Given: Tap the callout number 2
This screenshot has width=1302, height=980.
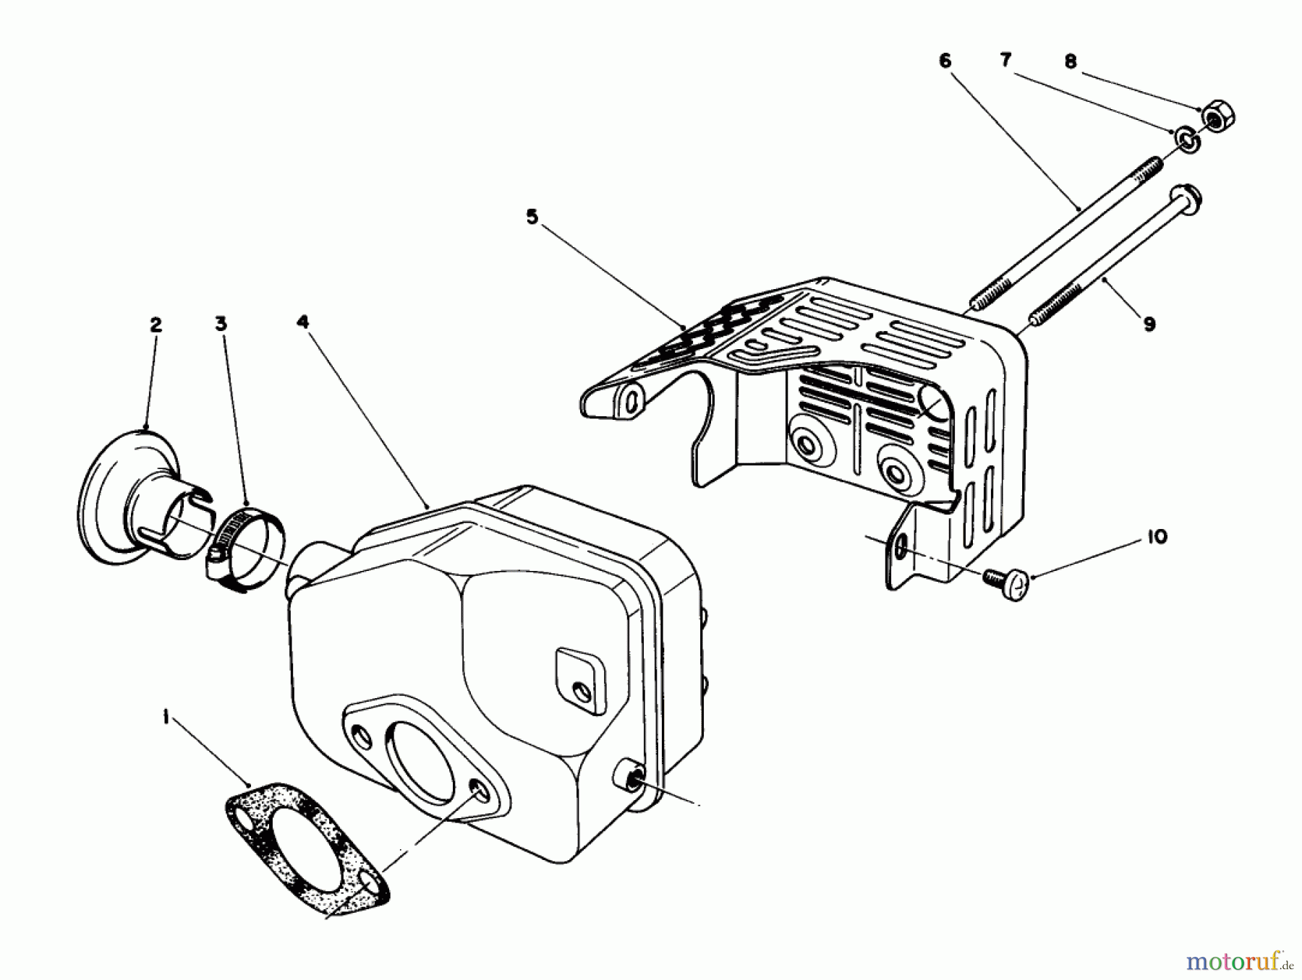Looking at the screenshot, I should [156, 325].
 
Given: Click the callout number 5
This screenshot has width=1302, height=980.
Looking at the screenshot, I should [532, 217].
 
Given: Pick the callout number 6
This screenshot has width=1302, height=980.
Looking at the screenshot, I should [945, 61].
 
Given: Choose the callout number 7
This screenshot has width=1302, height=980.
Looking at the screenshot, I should [1005, 61].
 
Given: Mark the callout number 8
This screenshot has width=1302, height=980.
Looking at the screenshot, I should [1071, 62].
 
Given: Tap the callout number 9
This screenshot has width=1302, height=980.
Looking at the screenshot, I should [1149, 324].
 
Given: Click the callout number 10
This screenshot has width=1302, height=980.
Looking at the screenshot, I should [1157, 537].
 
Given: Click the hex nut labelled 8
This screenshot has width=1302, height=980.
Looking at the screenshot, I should [1218, 116].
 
